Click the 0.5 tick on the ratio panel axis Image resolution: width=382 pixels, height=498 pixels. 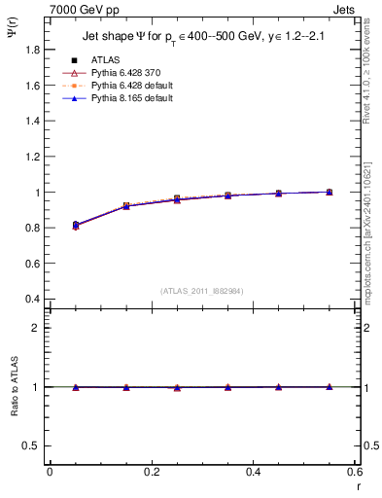33,445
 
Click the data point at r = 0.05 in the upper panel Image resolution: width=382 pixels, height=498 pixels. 76,225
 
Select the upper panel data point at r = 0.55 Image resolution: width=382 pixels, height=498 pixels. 330,192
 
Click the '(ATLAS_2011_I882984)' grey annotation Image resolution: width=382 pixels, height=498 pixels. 203,290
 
